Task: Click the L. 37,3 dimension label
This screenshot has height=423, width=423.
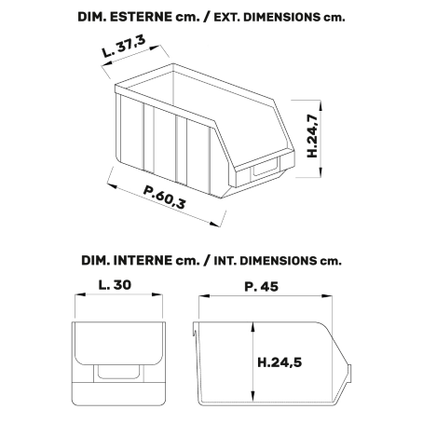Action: tap(124, 47)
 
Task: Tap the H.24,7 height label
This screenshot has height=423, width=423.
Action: tap(312, 136)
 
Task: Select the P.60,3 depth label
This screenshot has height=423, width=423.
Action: tap(165, 197)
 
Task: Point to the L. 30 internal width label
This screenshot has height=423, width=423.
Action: tap(115, 285)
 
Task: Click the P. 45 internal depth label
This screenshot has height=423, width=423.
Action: tap(262, 286)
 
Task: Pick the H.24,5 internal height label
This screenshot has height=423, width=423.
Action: tap(280, 362)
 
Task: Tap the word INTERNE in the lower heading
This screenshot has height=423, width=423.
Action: tap(143, 260)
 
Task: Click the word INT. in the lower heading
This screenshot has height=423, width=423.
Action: tap(225, 261)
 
